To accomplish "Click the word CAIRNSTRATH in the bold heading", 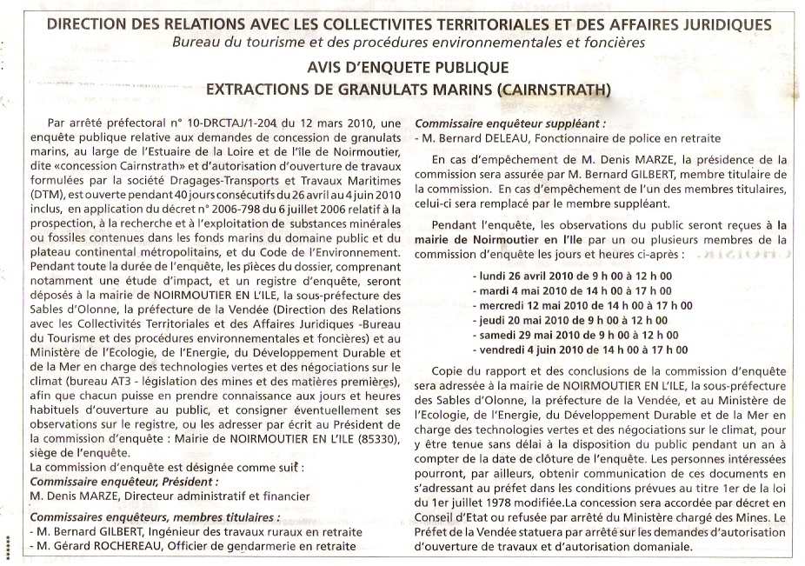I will click(x=553, y=89).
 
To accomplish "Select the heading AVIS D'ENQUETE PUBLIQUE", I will click(x=408, y=67).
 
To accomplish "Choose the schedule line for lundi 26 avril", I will click(x=575, y=275).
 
